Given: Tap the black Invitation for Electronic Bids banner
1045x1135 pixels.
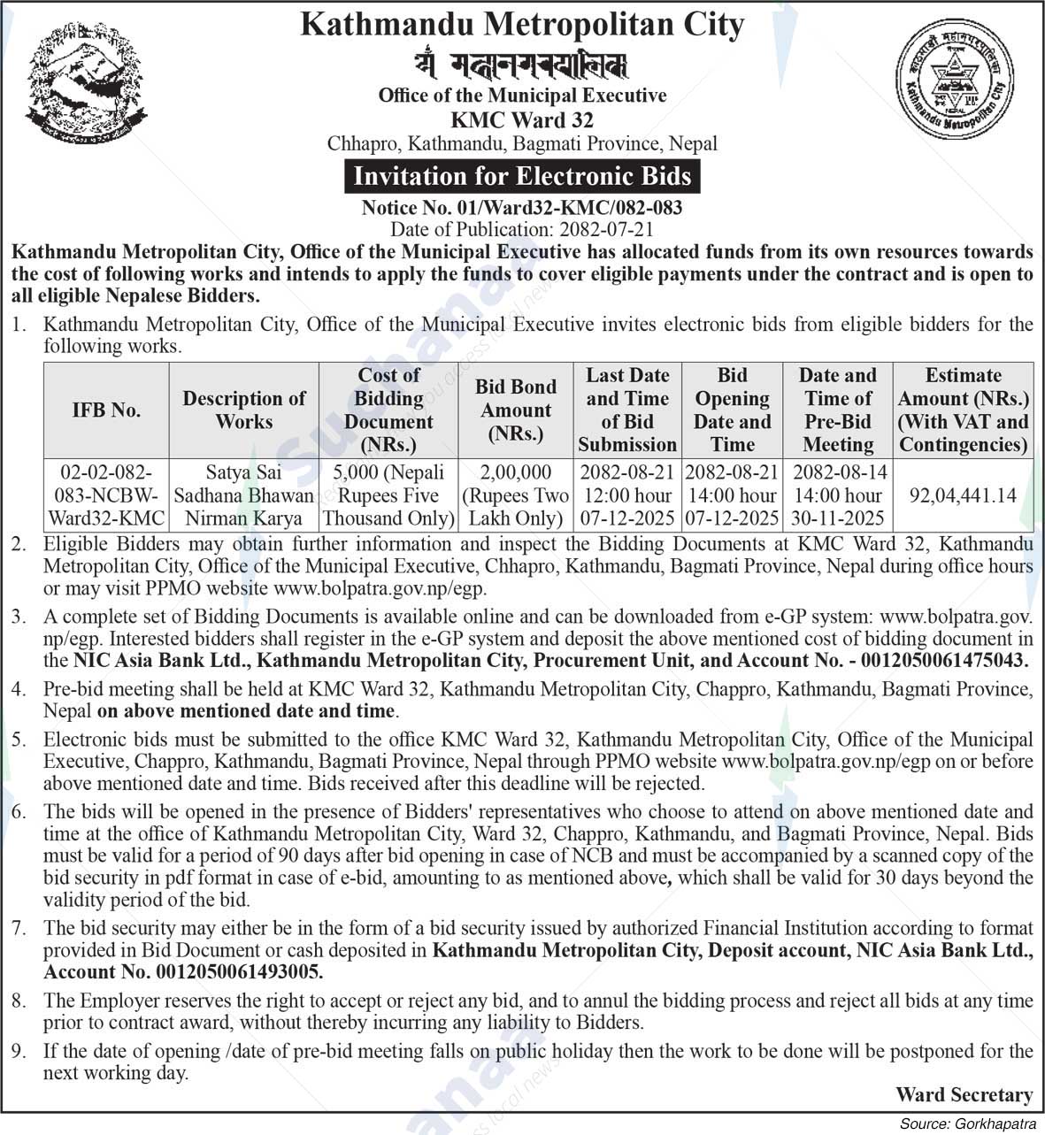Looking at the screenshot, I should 522,176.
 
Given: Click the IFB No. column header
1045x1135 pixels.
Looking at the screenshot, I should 106,410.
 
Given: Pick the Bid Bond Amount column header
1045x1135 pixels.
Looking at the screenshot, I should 516,410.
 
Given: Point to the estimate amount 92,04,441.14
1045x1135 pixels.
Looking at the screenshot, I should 963,495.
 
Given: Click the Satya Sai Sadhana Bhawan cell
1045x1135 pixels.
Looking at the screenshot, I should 243,495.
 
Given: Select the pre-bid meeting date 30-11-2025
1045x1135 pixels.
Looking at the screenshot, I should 838,518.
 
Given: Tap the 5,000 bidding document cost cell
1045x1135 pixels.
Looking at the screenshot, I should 388,495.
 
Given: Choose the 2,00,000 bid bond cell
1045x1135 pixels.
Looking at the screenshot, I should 516,495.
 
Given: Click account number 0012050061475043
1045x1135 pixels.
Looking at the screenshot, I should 941,660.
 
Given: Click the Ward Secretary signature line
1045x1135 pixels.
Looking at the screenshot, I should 964,1095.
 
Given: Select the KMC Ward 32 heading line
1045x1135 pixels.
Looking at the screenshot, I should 522,119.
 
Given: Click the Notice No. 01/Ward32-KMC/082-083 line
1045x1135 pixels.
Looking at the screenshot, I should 522,208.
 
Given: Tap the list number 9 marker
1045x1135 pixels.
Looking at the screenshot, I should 19,1052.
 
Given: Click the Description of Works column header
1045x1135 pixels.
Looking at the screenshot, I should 243,410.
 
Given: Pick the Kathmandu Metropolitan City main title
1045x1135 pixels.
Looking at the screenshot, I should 522,24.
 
